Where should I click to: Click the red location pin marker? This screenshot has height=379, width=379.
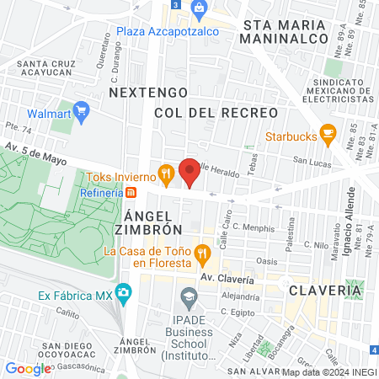pyautogui.click(x=190, y=172)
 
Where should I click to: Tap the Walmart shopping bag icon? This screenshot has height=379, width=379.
pyautogui.click(x=82, y=109)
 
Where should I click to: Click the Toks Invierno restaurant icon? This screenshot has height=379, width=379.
pyautogui.click(x=168, y=176)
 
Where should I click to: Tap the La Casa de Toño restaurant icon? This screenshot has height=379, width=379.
pyautogui.click(x=201, y=252)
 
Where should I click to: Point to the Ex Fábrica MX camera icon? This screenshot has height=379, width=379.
pyautogui.click(x=125, y=294)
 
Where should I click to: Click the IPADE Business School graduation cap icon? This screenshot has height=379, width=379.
pyautogui.click(x=189, y=296)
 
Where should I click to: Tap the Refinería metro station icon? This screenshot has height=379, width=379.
pyautogui.click(x=131, y=192)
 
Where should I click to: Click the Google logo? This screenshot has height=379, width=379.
pyautogui.click(x=28, y=368)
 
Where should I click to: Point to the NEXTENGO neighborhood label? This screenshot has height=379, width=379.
pyautogui.click(x=146, y=90)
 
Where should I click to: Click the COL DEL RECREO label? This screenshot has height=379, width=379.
pyautogui.click(x=216, y=112)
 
